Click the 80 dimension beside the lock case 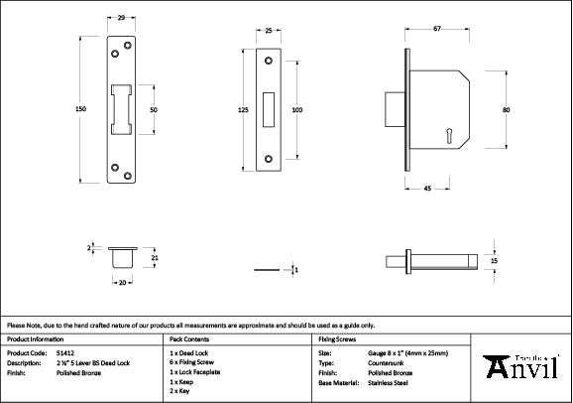(506, 110)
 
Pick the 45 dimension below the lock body (425, 188)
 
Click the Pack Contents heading (189, 338)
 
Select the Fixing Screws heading (336, 338)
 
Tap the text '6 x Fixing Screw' (193, 362)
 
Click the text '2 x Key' (180, 391)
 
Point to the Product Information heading (37, 338)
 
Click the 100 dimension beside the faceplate (296, 110)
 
